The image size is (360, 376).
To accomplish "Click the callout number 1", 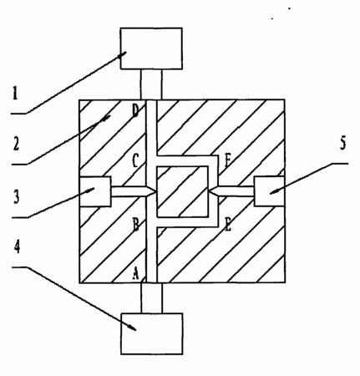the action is [15, 93].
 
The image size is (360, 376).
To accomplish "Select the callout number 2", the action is [16, 144].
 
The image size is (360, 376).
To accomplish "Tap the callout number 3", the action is [16, 196].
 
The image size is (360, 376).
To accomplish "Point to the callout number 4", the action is [18, 246].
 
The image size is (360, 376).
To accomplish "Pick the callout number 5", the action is [343, 143].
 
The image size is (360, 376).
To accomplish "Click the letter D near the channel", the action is [135, 111].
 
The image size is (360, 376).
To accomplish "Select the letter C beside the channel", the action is [135, 160].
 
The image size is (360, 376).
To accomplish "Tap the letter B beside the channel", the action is [135, 225].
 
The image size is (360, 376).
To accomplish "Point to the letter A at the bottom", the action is [135, 273].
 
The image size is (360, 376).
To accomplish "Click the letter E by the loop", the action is [228, 225].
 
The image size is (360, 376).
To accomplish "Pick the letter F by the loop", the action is [228, 160].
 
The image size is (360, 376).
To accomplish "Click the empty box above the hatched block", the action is [151, 48].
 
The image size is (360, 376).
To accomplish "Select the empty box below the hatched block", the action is [152, 333].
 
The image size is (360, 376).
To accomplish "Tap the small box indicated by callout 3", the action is [95, 191].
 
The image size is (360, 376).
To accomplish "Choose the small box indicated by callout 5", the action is [270, 191].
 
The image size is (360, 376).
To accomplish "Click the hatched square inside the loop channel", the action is [183, 191].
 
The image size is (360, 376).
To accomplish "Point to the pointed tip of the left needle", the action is [156, 192].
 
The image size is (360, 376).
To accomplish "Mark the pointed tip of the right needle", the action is [210, 191].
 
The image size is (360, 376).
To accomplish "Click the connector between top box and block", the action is [151, 84].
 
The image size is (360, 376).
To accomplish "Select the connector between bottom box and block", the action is [152, 297].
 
